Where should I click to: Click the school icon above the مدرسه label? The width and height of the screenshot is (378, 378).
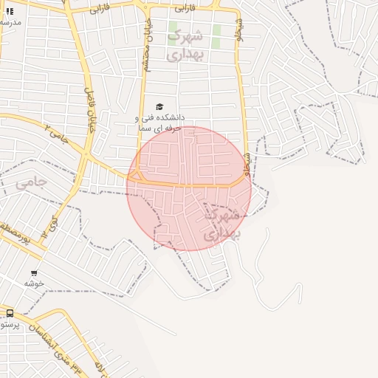10,11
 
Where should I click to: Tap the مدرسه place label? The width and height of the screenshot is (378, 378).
10,22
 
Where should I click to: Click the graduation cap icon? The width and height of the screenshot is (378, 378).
159,106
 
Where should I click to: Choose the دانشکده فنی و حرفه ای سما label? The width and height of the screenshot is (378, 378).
159,123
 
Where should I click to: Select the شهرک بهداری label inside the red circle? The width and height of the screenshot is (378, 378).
221,224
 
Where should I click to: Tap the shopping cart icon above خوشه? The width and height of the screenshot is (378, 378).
34,273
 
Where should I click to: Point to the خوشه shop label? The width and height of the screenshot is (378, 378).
34,283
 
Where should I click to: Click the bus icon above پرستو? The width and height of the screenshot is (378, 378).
10,313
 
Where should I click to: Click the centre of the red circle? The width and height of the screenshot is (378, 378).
189,188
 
